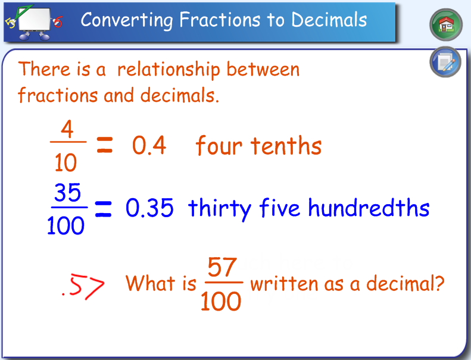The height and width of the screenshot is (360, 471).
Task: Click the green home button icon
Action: coord(446,24)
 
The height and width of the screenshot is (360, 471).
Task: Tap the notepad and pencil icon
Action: coord(445,62)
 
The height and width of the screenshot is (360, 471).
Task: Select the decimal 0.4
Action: coord(149,146)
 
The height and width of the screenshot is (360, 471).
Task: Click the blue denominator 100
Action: coord(66,226)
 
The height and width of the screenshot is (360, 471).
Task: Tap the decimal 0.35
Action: coord(149,208)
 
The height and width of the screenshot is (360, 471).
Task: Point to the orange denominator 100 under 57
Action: coord(221,302)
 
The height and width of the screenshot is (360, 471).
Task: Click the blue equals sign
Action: coord(104,209)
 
